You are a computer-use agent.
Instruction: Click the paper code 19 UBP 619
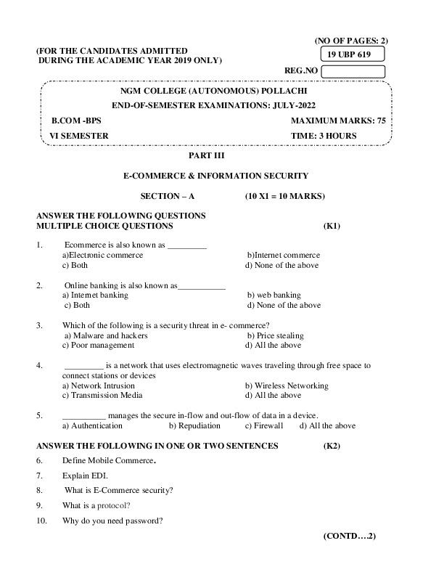[x=352, y=54]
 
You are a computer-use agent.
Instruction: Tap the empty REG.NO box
[x=352, y=71]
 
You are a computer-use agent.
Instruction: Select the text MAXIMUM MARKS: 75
[x=338, y=121]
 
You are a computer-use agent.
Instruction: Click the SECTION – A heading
[x=167, y=196]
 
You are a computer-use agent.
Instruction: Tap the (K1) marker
[x=332, y=226]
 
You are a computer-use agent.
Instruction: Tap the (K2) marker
[x=332, y=445]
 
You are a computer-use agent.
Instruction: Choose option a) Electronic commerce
[x=102, y=255]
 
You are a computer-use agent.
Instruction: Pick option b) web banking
[x=274, y=295]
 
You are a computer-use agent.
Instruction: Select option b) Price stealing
[x=275, y=336]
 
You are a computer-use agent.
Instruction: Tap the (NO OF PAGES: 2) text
[x=351, y=41]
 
